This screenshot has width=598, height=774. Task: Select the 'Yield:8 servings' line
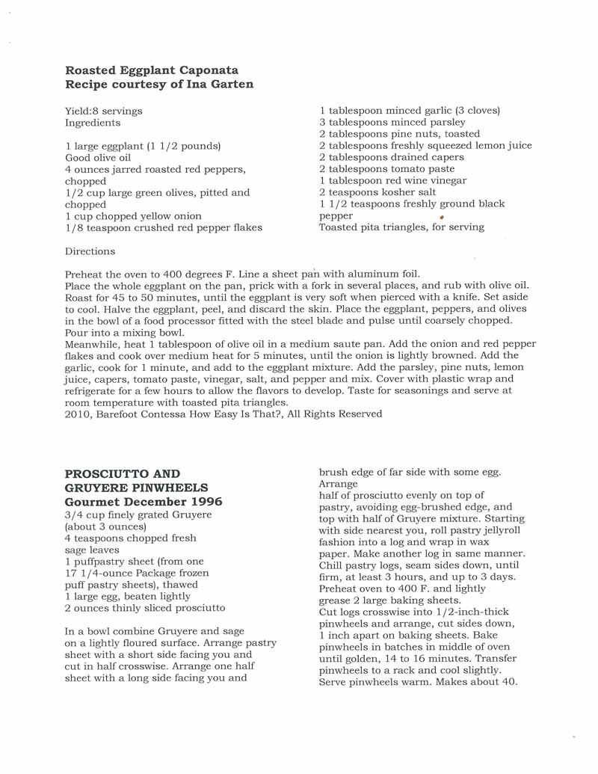coord(103,111)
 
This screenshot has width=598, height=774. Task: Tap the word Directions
coord(90,251)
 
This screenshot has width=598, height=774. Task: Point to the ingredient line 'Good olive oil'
coord(98,158)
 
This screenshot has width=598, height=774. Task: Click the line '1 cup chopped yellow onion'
coord(133,216)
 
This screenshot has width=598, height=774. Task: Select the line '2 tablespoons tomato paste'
coord(381,169)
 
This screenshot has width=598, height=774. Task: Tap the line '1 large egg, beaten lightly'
coord(127,596)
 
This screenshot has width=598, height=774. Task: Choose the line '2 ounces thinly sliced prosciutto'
coord(144,608)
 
